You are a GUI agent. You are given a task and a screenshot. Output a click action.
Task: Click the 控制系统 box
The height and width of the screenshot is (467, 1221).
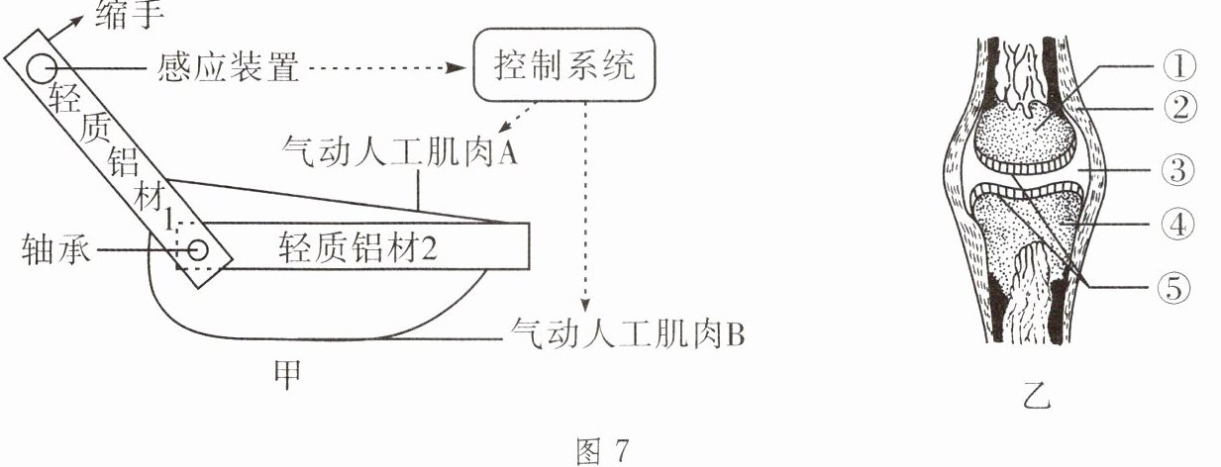[565, 66]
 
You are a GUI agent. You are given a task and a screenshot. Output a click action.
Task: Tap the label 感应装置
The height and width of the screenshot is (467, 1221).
[227, 68]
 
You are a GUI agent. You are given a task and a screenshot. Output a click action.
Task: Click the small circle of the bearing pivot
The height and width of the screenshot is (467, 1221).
[199, 248]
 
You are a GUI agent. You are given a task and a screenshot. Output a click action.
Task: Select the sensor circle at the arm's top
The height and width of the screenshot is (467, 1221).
[43, 67]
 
